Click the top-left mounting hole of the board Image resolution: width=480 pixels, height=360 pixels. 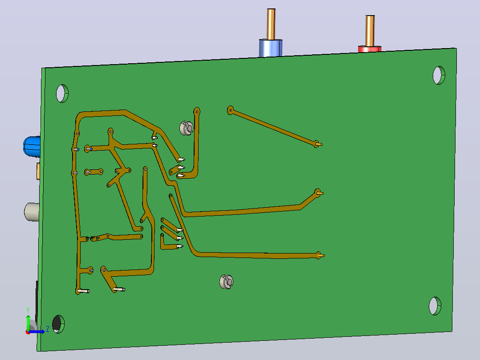click(62, 94)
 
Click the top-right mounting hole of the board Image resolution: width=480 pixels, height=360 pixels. click(439, 75)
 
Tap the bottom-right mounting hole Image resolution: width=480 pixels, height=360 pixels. click(435, 306)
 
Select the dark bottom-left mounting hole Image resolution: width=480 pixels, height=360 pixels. click(58, 324)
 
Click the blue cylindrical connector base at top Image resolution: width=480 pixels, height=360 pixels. click(271, 48)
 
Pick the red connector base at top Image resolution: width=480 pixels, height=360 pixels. click(370, 49)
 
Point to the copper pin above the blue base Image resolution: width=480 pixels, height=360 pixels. click(271, 24)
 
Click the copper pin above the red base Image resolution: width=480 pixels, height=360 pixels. click(370, 31)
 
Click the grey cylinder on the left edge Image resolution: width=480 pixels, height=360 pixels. click(32, 212)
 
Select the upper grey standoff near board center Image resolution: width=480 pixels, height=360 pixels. click(186, 128)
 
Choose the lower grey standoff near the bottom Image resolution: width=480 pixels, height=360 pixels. click(226, 282)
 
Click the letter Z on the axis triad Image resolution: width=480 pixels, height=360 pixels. click(48, 329)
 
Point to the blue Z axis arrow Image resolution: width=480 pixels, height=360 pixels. click(36, 331)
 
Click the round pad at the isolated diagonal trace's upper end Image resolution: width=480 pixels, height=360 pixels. click(231, 110)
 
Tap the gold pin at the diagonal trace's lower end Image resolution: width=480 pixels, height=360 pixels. click(319, 144)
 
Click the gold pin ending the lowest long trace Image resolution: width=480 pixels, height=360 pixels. click(321, 255)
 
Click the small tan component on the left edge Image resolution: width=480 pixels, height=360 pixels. click(38, 171)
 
